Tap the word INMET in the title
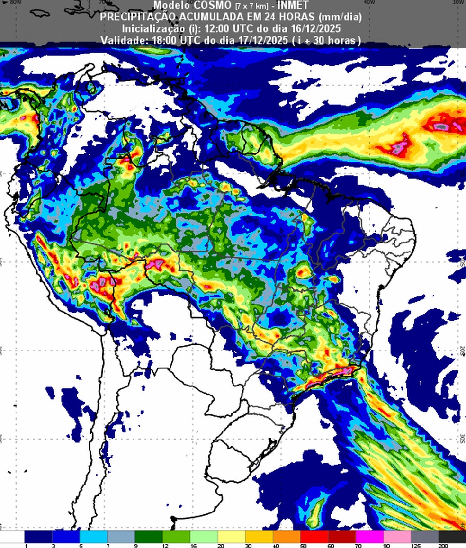tap(293, 6)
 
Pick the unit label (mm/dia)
tap(340, 17)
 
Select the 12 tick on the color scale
tap(165, 546)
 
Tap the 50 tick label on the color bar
tap(303, 546)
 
